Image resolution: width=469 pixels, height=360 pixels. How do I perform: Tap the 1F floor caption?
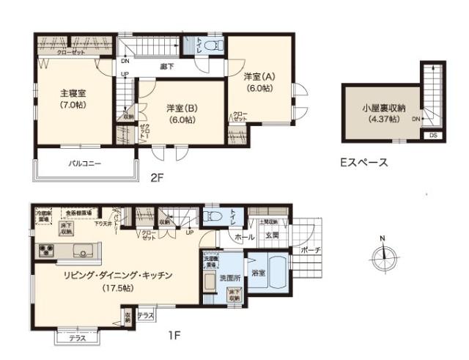[173, 335]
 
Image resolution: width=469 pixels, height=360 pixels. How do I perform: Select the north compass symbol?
[383, 257]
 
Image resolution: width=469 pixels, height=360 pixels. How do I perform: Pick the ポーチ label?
[309, 250]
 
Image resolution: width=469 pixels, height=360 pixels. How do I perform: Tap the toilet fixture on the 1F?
[213, 216]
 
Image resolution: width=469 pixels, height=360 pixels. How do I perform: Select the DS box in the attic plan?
[433, 135]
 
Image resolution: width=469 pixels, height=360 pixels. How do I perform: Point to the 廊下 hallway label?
[168, 66]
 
